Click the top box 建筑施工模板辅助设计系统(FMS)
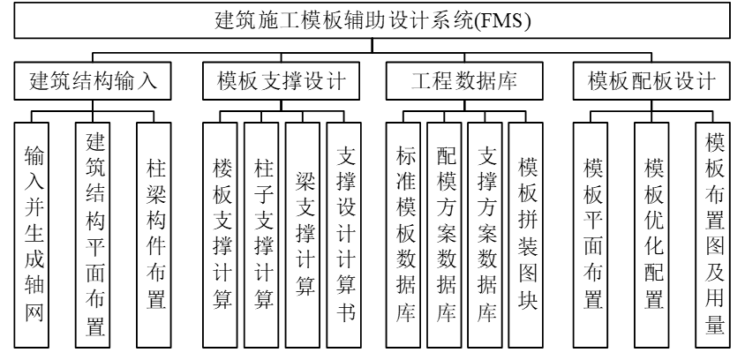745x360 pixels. [x=372, y=20]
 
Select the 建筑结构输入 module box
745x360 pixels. [x=87, y=82]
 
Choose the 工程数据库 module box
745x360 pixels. [x=464, y=82]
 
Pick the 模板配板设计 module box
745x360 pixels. [x=651, y=82]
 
